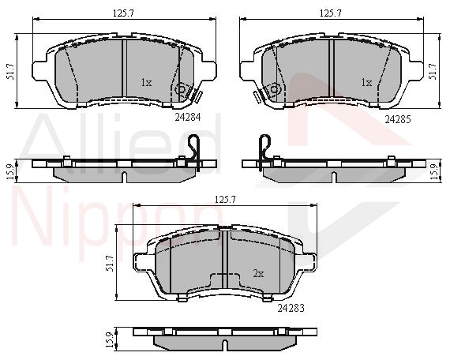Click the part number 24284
[x=188, y=117]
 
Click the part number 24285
[x=398, y=119]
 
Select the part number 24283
[x=291, y=309]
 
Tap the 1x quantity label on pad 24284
[x=146, y=83]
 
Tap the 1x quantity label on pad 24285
[x=366, y=83]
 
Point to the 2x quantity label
[x=258, y=274]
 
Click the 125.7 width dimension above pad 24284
[x=123, y=13]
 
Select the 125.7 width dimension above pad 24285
[x=331, y=13]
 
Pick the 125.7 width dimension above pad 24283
[x=225, y=200]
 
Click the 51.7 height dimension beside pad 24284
[x=10, y=72]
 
